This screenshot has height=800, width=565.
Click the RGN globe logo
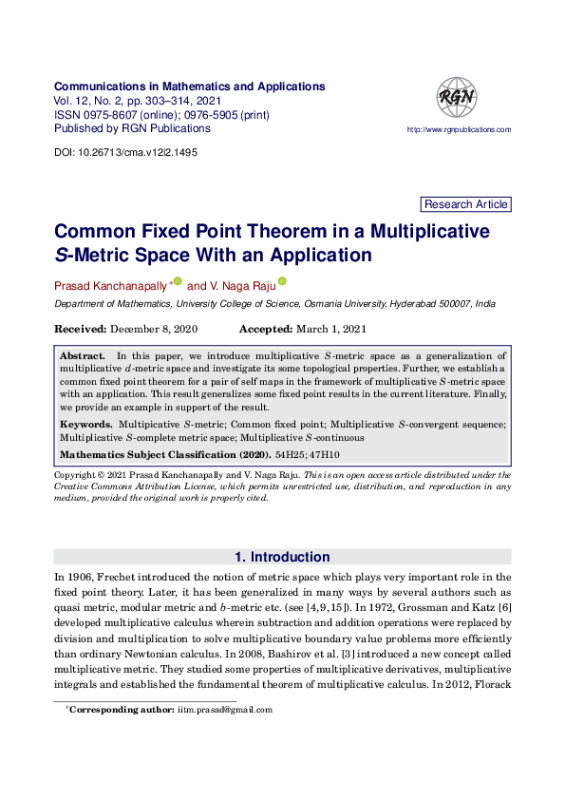pos(456,98)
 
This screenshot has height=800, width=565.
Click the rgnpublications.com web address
pos(459,129)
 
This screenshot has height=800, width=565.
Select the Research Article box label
pos(465,204)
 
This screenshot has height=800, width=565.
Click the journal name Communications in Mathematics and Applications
pos(190,86)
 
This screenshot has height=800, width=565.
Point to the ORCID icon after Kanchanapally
pos(178,282)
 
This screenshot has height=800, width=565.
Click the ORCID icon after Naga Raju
pos(281,282)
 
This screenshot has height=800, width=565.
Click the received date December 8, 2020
pos(154,329)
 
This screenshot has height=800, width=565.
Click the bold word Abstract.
pos(82,354)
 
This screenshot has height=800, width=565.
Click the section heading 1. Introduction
pos(282,557)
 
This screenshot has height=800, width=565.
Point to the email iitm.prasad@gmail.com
pos(225,709)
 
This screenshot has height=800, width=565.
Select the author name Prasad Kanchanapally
pos(110,285)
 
